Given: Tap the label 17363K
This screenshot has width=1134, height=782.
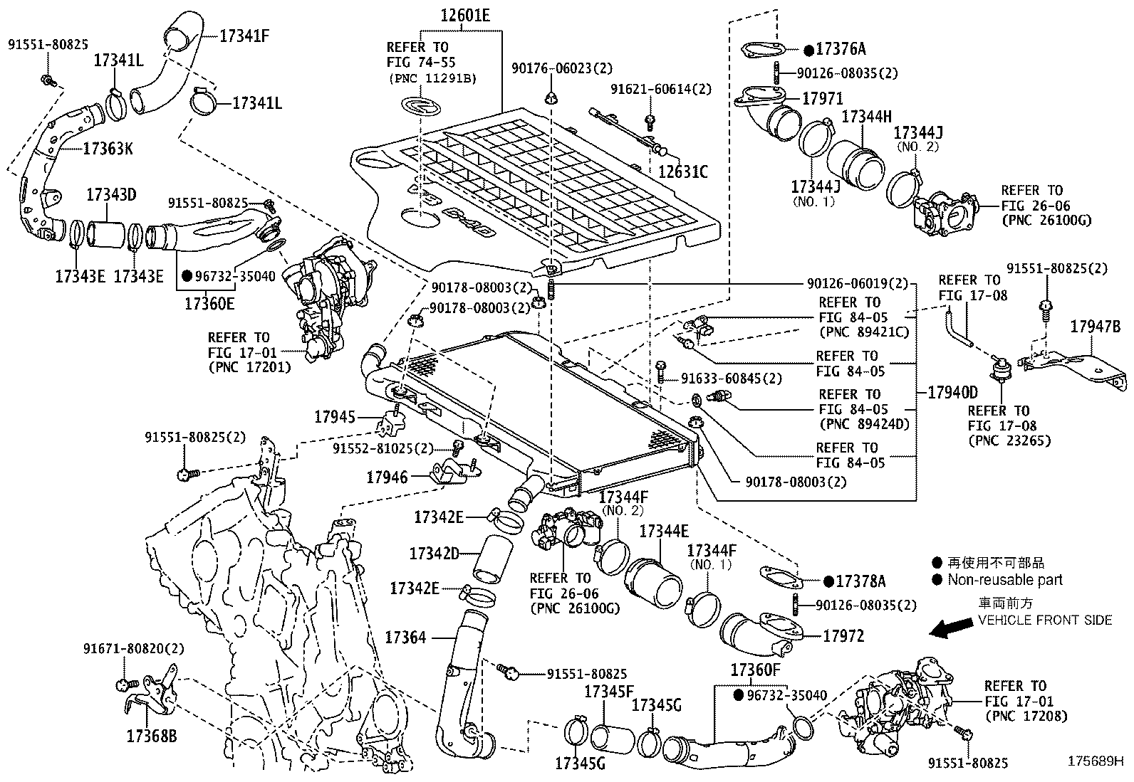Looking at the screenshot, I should (x=108, y=149).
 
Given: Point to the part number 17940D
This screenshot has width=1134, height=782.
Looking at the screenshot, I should (x=953, y=392).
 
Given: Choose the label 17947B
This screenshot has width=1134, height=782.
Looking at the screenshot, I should (x=1095, y=327).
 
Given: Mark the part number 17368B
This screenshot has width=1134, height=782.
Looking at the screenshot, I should (x=151, y=735).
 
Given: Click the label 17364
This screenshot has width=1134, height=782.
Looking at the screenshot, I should (x=405, y=638).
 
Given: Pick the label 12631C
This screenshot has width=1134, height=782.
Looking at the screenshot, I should (x=682, y=171).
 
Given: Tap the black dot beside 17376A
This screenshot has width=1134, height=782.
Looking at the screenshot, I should (x=808, y=50).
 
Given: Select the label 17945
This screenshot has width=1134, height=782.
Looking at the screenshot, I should (x=334, y=416).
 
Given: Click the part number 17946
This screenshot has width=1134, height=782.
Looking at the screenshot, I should (x=387, y=477).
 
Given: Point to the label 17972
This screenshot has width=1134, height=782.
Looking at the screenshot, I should (x=843, y=636).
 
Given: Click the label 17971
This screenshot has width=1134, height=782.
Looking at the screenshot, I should (x=823, y=99).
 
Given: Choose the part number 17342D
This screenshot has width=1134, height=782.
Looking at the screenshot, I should (x=434, y=553).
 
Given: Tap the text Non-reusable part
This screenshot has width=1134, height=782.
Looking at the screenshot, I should (x=1004, y=579).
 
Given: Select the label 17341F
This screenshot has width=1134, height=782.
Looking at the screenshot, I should (x=244, y=35).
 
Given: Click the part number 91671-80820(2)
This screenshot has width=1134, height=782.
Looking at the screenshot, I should (x=133, y=648).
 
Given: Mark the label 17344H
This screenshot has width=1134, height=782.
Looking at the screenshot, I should (x=867, y=116).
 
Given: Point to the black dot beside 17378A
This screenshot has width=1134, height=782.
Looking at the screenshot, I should (x=828, y=581).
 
